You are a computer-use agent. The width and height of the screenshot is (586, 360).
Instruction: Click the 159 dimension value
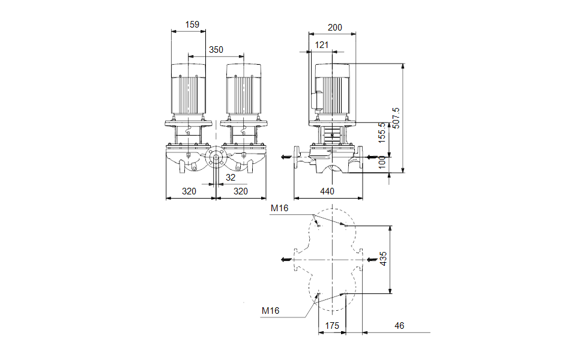(192, 25)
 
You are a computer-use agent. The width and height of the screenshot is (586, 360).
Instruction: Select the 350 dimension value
(216, 50)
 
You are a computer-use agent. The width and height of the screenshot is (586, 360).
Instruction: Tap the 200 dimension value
(335, 27)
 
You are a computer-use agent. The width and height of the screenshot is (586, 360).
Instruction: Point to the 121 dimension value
(322, 45)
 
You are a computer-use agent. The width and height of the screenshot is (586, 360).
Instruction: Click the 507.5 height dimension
(396, 118)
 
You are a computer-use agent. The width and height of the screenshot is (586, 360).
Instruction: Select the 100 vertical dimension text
(382, 163)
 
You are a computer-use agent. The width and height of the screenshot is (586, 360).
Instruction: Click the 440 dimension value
(327, 191)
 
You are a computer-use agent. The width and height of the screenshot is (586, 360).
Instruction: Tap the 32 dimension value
(231, 178)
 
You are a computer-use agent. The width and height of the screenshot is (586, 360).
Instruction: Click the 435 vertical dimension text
(383, 259)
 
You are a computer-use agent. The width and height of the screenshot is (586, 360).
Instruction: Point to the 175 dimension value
(332, 325)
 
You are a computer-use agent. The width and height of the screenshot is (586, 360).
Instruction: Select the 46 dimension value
(400, 325)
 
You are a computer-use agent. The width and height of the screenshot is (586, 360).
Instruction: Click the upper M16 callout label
(279, 209)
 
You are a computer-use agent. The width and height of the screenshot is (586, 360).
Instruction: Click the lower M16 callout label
(271, 311)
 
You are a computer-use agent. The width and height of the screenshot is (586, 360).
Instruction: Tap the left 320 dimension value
(190, 191)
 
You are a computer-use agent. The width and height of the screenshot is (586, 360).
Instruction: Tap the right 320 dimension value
(240, 191)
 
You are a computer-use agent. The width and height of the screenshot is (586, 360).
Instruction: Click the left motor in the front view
(189, 90)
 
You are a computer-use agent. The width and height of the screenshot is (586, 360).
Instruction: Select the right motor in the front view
(244, 90)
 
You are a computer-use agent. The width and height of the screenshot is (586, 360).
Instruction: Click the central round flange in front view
(215, 159)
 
